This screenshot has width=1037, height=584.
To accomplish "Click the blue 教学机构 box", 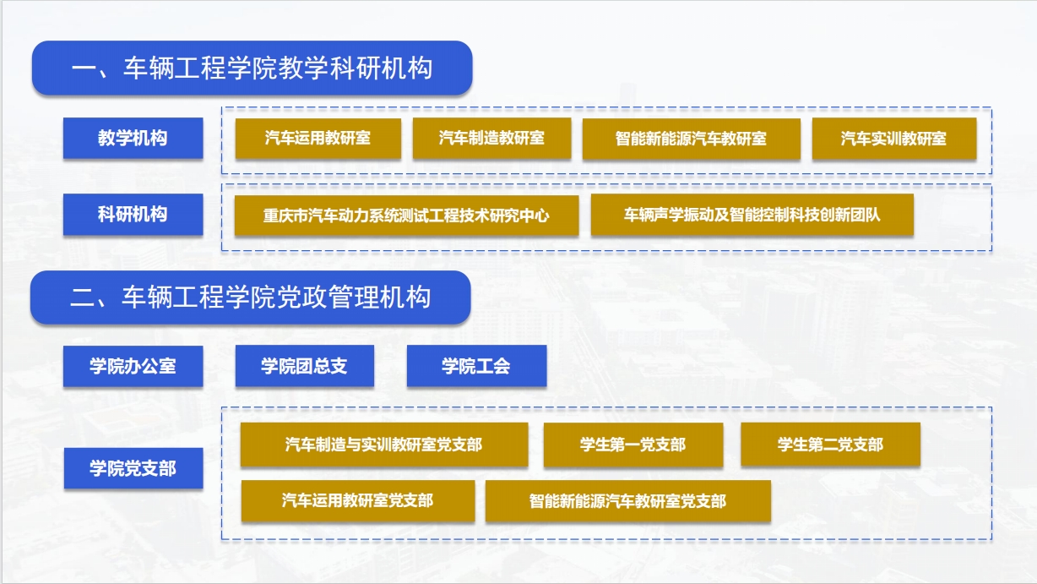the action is click(x=133, y=138).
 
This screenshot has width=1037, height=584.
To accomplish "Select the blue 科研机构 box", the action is click(x=133, y=214).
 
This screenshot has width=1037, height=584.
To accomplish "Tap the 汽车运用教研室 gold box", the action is click(x=318, y=139).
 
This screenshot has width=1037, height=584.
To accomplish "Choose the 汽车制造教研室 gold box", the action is click(x=491, y=139).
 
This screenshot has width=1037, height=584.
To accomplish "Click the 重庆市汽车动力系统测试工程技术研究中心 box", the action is click(x=406, y=216).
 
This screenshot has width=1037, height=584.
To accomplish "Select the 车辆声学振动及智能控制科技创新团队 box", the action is click(x=752, y=215).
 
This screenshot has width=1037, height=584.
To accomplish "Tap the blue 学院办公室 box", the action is click(x=133, y=366).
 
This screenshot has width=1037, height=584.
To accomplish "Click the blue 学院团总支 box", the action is click(x=305, y=366).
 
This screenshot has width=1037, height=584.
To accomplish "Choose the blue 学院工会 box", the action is click(x=477, y=366).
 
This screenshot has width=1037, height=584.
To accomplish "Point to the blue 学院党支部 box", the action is click(x=133, y=468).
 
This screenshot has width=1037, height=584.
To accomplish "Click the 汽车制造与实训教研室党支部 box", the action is click(x=384, y=445).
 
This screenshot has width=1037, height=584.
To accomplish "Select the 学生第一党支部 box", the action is click(x=633, y=445).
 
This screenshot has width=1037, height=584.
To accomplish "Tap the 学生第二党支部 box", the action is click(x=830, y=445).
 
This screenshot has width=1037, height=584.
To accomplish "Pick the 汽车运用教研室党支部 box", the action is click(x=358, y=501).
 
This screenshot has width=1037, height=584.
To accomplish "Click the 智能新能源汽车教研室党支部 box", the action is click(x=628, y=501).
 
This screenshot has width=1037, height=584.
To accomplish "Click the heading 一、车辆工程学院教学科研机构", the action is click(x=252, y=68).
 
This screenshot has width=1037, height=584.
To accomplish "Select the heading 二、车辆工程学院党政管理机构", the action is click(x=251, y=297).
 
